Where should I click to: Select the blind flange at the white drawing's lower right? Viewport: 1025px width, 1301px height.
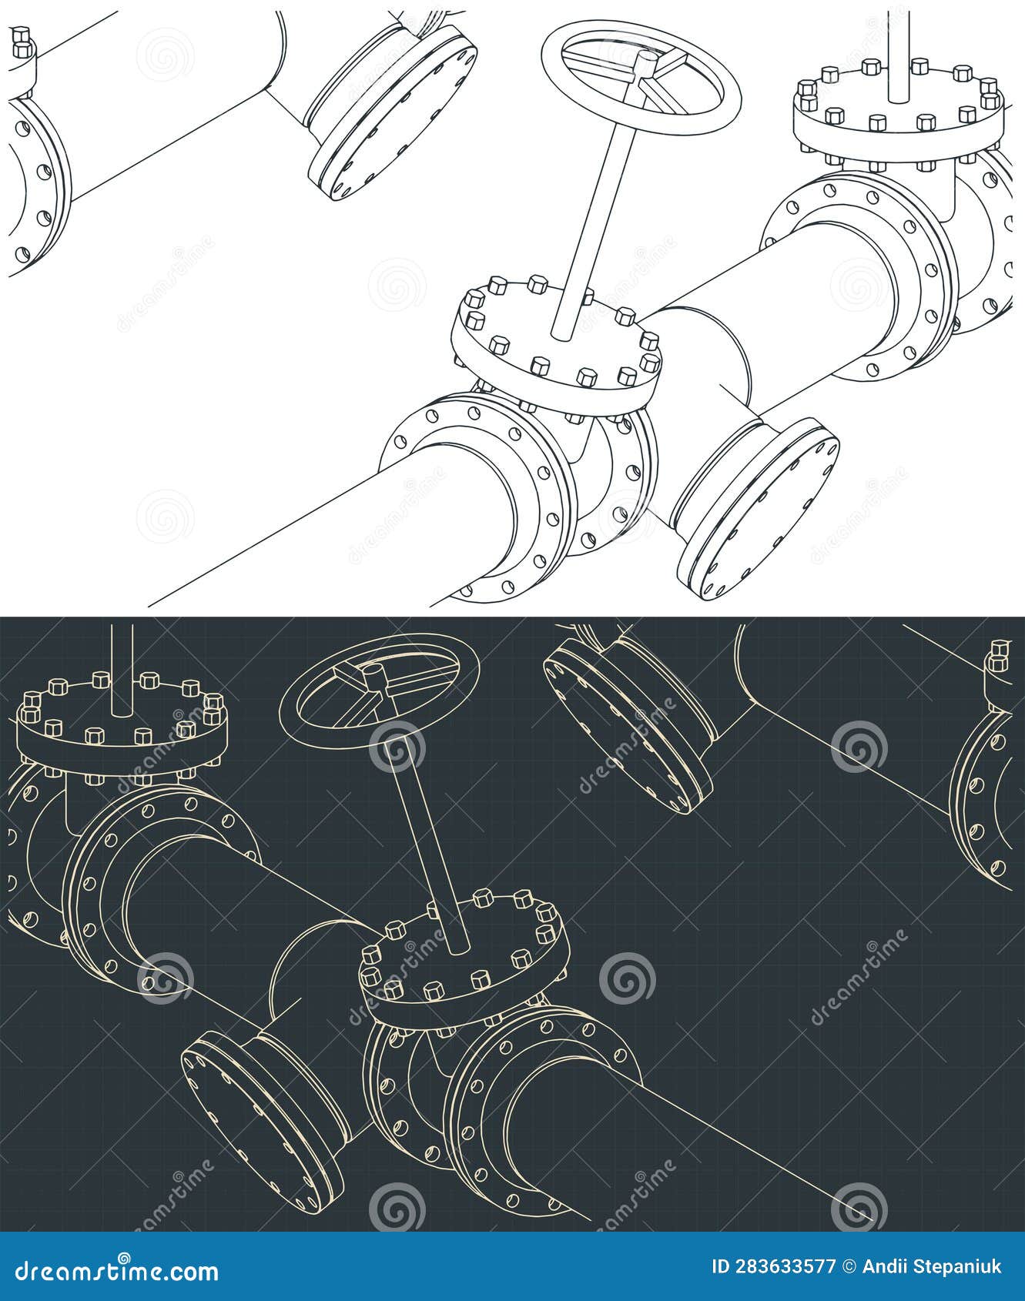click(x=759, y=508)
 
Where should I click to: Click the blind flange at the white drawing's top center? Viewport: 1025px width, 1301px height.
click(x=393, y=115)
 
